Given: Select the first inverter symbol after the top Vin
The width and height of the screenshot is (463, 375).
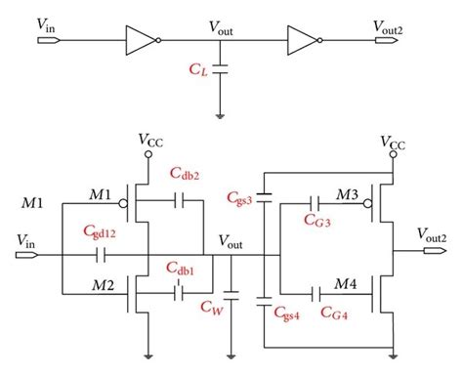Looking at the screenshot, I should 139,41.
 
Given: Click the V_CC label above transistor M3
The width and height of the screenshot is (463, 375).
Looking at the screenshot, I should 393,140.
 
